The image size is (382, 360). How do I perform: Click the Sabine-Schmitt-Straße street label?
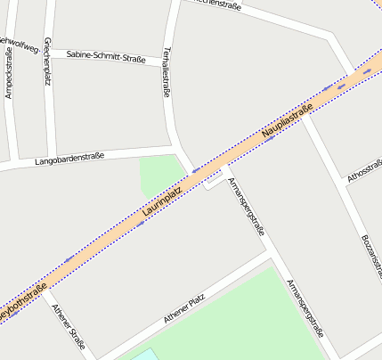(106, 57)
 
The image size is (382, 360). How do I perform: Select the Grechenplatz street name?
(47, 61)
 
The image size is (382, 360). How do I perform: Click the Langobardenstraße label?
(69, 160)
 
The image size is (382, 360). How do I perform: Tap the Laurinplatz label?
(162, 202)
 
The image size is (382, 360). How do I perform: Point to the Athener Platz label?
(184, 308)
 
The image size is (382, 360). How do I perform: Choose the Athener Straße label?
(69, 325)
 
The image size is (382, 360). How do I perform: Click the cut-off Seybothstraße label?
(21, 301)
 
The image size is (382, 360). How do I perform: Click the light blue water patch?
(143, 355)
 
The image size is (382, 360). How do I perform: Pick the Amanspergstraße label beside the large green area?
(305, 308)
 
